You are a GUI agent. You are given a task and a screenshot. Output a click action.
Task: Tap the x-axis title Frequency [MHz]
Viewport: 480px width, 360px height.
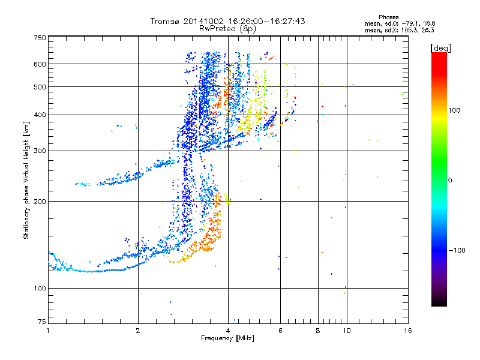227,338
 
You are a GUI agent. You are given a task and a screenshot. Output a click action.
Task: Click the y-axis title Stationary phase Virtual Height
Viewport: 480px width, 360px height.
26,180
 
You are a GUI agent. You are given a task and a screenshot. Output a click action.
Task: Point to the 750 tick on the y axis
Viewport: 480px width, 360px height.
40,37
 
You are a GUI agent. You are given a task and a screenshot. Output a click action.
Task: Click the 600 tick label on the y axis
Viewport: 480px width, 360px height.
40,64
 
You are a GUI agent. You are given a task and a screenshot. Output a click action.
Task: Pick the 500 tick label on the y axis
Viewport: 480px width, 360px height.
40,87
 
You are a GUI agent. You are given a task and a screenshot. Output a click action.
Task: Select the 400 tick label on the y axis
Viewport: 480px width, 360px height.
40,115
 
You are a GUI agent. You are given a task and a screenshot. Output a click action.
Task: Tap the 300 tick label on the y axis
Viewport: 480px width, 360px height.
40,151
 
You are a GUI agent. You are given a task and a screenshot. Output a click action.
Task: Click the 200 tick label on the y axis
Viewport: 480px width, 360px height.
40,202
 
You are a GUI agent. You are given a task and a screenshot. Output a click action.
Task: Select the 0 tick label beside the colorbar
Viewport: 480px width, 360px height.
449,180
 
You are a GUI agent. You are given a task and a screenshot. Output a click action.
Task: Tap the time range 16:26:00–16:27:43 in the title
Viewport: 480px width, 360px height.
265,21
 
